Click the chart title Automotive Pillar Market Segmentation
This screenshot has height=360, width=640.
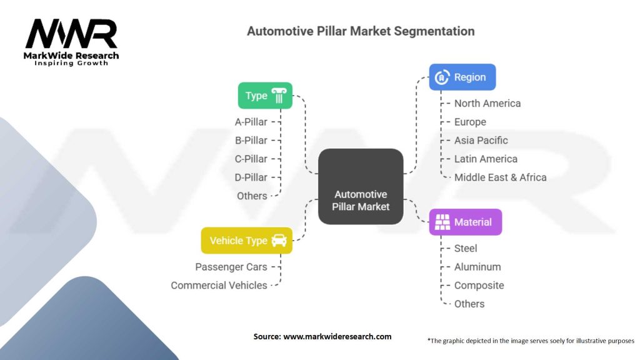click(361, 31)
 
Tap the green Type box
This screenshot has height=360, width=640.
click(265, 96)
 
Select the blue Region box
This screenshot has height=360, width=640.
click(462, 77)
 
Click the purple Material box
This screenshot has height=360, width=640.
click(465, 222)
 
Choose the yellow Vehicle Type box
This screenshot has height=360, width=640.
click(246, 241)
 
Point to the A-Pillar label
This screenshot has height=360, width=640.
click(251, 122)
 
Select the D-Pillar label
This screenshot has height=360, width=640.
click(251, 177)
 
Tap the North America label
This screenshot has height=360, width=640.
click(487, 103)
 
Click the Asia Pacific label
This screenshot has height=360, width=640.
click(481, 140)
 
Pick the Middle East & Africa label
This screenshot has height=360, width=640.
click(500, 177)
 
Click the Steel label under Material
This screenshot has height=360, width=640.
click(466, 248)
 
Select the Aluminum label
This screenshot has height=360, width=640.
click(477, 267)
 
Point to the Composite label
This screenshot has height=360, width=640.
click(479, 285)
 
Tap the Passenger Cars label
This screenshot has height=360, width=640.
click(231, 267)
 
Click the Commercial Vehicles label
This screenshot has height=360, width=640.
click(219, 285)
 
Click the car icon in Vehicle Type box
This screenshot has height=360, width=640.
click(279, 241)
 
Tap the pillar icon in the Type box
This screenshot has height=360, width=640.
click(279, 96)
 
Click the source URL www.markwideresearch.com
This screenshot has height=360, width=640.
click(337, 336)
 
